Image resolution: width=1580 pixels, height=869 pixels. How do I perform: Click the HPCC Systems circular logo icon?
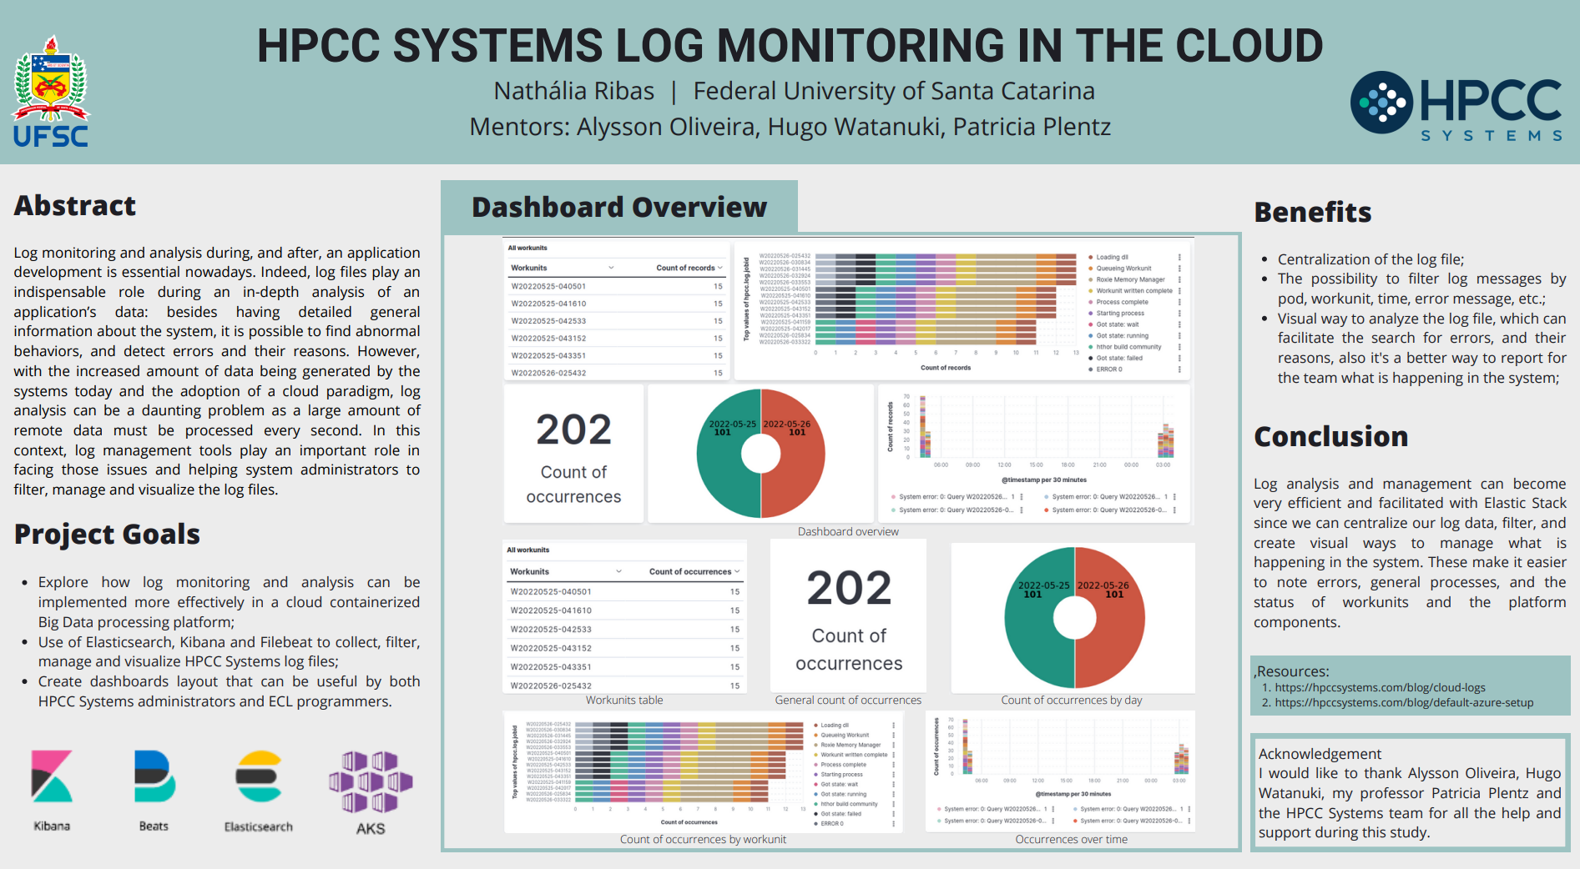(x=1381, y=103)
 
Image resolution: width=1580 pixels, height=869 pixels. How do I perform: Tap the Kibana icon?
(x=52, y=776)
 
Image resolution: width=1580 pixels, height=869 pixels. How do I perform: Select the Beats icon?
(x=154, y=776)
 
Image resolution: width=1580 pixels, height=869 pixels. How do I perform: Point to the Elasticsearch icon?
(x=259, y=776)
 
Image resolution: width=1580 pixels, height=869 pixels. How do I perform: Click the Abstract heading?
(x=75, y=206)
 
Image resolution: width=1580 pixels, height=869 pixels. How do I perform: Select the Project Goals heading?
(x=108, y=535)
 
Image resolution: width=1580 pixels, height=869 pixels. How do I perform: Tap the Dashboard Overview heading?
(x=619, y=208)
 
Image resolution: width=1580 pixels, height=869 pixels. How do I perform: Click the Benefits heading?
(x=1313, y=213)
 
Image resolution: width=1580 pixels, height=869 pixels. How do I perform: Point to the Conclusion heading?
(x=1331, y=437)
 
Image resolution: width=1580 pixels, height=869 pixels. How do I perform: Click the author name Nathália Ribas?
(x=574, y=91)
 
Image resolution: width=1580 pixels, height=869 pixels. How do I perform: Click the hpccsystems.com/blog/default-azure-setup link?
(x=1404, y=703)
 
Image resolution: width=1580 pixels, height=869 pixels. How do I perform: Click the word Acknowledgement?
(x=1320, y=754)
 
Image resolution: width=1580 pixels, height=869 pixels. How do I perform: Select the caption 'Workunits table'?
(x=624, y=701)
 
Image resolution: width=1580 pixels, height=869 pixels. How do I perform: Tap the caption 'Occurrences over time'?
(x=1071, y=840)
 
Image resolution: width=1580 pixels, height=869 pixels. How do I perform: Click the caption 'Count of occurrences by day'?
(x=1072, y=701)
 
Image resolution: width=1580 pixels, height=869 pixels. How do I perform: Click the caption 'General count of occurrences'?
(x=848, y=701)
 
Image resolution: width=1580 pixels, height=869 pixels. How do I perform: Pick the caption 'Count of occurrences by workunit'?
(x=703, y=840)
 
